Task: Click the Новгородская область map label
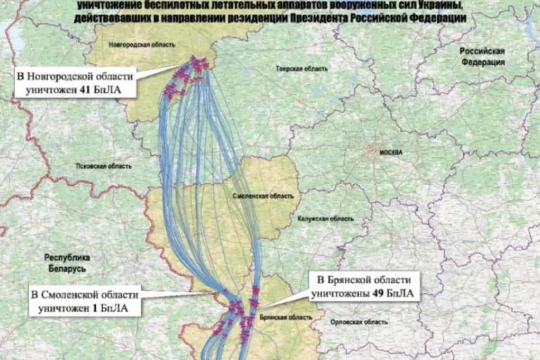pos(142,45)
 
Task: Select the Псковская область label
pos(103,166)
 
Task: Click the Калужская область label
pos(325,219)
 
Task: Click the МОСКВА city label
pos(391,153)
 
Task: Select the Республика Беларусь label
pos(67,263)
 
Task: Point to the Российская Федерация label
pos(483,56)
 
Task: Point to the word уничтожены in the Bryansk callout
pos(340,294)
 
